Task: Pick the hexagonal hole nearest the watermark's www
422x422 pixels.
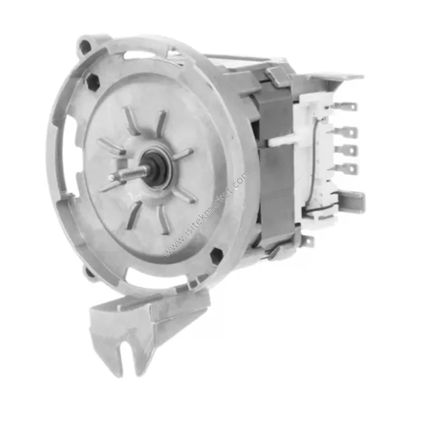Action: tap(216, 254)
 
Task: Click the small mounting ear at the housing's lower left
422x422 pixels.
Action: tap(89, 273)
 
